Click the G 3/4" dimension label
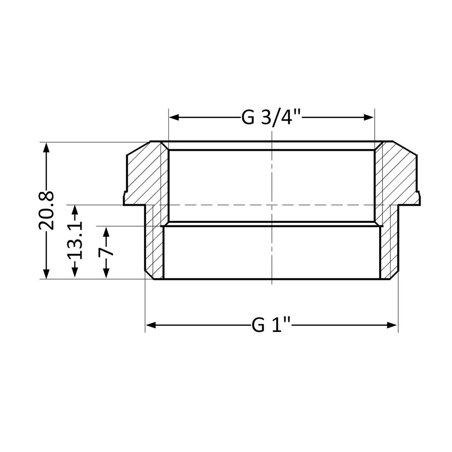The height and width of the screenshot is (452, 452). tap(271, 118)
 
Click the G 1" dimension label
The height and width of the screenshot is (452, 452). tap(271, 325)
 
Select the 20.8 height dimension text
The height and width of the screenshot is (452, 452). tap(47, 210)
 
